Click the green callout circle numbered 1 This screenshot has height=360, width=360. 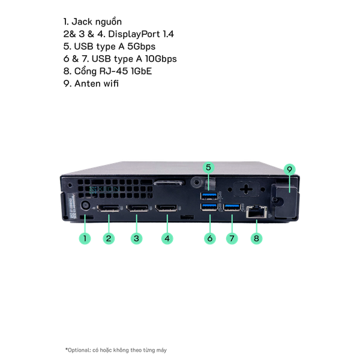pos(85,238)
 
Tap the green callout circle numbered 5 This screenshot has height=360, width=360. pos(208,167)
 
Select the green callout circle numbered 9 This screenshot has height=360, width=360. pos(290,169)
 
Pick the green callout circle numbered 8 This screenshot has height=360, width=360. pos(256,238)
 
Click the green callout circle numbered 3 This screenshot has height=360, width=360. pos(137,238)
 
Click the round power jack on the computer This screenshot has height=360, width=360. pos(86,205)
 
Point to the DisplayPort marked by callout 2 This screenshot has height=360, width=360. pos(109,208)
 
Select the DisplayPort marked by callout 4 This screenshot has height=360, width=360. pos(166,208)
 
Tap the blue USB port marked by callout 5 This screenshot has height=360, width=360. pos(209,196)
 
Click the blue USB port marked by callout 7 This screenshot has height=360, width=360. pos(232,207)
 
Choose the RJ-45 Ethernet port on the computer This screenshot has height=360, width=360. pos(257,212)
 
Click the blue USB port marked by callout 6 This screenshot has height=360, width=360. pos(209,207)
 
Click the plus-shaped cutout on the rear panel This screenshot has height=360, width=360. pos(246,189)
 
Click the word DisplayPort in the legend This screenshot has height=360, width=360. pos(134,34)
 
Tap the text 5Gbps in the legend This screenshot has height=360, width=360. pos(142,47)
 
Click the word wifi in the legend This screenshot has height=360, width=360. pos(111,83)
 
